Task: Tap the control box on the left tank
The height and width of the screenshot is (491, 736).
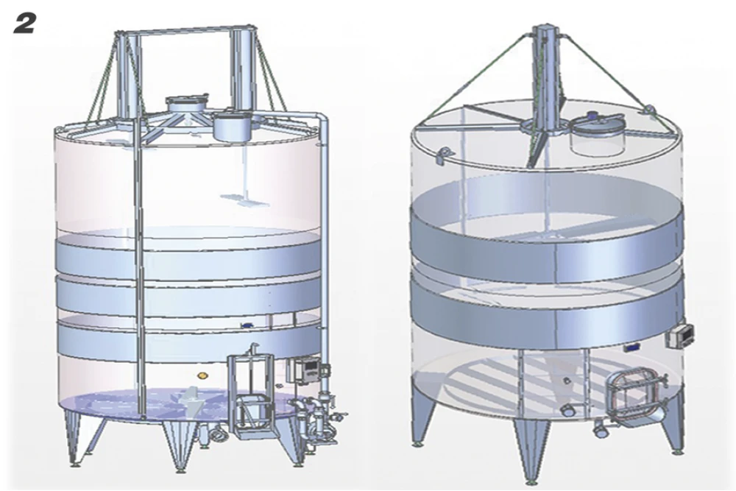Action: (x=302, y=369)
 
